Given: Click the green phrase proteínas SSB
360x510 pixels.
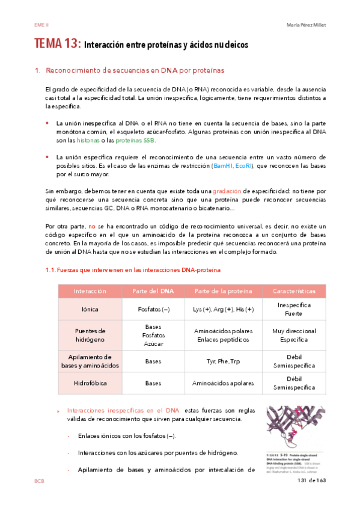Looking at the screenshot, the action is [x=135, y=140].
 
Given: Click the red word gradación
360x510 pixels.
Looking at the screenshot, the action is [x=230, y=191].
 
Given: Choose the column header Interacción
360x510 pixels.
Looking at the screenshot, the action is [x=90, y=290].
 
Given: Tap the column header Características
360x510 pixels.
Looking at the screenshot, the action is [x=294, y=290].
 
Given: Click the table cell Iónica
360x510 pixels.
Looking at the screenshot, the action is [x=90, y=309].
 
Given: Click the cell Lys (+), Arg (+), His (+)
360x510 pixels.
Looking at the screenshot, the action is [x=224, y=309].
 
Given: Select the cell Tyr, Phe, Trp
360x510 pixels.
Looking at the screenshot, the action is [x=224, y=361].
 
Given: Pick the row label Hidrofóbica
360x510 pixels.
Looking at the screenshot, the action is [x=90, y=382].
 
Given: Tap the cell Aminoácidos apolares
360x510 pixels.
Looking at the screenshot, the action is [x=224, y=382].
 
